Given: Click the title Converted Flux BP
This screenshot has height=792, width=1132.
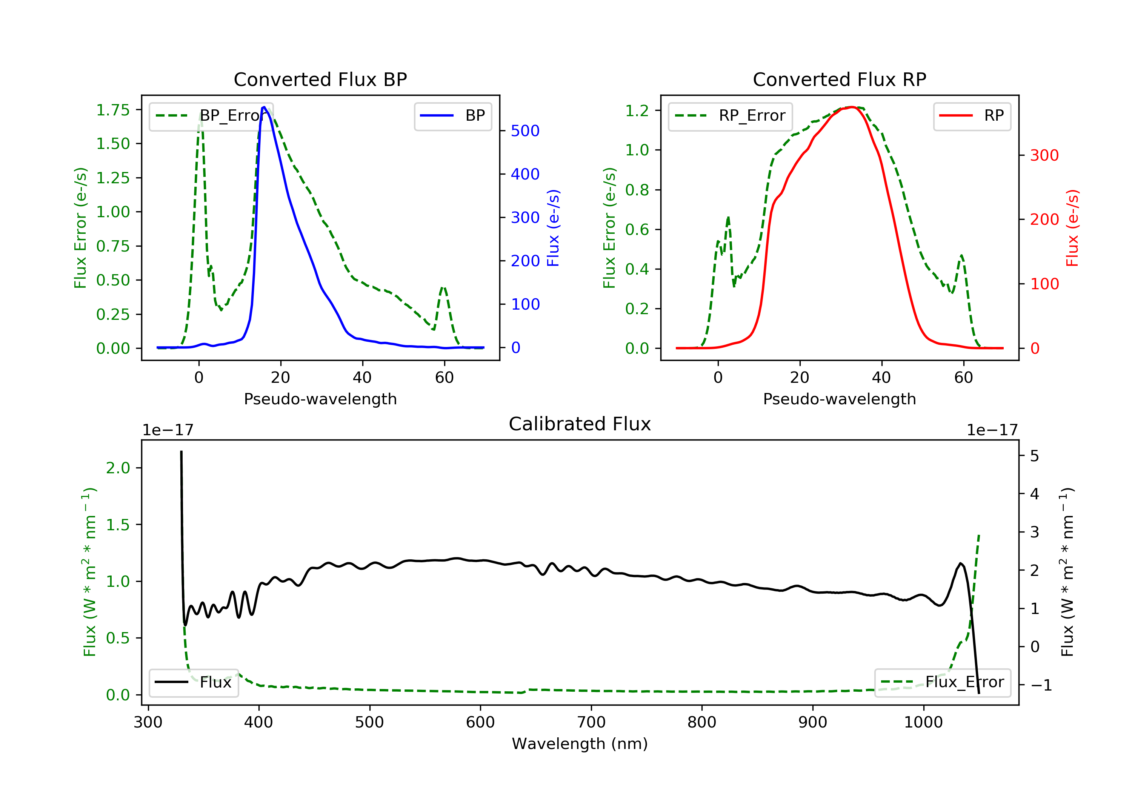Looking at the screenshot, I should [320, 79].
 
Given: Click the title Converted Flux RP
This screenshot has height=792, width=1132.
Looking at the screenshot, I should [839, 79].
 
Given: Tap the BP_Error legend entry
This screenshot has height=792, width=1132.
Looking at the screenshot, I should [211, 116].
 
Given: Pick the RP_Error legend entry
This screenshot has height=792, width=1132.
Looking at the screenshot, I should [730, 116].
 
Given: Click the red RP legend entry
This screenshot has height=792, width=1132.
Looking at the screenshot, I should [972, 116].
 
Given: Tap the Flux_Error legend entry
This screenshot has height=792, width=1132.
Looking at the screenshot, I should [942, 682].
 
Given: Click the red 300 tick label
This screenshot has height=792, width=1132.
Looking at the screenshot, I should [1044, 155].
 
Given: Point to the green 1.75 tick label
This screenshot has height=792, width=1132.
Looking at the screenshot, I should [113, 110].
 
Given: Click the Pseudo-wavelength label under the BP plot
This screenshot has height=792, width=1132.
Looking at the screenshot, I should [320, 399].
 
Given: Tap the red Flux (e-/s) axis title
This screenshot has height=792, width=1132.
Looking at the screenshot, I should [1072, 228].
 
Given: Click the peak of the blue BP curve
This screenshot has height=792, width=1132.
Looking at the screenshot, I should [264, 107].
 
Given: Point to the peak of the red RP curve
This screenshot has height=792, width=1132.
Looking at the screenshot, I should [852, 107].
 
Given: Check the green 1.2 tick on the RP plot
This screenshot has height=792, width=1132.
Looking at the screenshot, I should [637, 111].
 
